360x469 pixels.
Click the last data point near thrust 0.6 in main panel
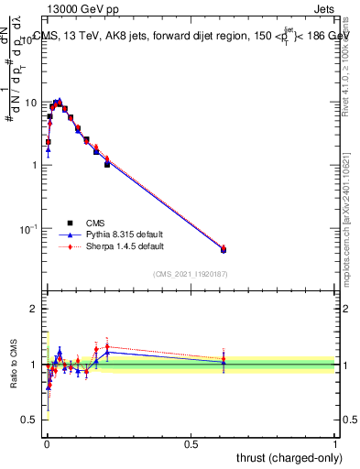(x=224, y=249)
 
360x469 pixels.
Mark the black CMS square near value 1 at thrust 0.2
(x=107, y=164)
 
